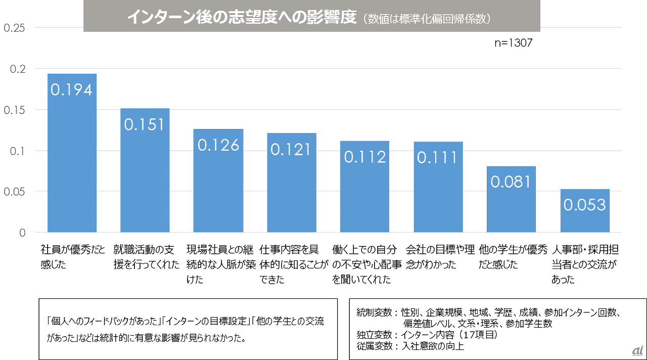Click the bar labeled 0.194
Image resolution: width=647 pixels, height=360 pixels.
pyautogui.click(x=72, y=162)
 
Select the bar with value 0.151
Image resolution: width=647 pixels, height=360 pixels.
pyautogui.click(x=145, y=177)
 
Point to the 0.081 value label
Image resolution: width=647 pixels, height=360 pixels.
pyautogui.click(x=511, y=182)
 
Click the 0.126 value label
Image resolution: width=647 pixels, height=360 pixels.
pyautogui.click(x=218, y=145)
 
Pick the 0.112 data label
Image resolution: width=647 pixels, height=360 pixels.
pyautogui.click(x=365, y=157)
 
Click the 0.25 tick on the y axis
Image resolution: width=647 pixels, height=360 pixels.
pyautogui.click(x=14, y=28)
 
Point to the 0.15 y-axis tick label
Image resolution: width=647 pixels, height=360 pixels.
pyautogui.click(x=14, y=110)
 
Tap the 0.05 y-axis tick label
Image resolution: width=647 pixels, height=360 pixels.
pyautogui.click(x=14, y=192)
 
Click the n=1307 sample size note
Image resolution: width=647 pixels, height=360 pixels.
pyautogui.click(x=513, y=43)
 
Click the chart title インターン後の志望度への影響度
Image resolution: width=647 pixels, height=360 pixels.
pyautogui.click(x=242, y=18)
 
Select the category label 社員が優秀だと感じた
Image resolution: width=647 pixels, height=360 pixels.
pyautogui.click(x=73, y=257)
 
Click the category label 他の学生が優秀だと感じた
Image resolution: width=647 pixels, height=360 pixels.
pyautogui.click(x=513, y=257)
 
